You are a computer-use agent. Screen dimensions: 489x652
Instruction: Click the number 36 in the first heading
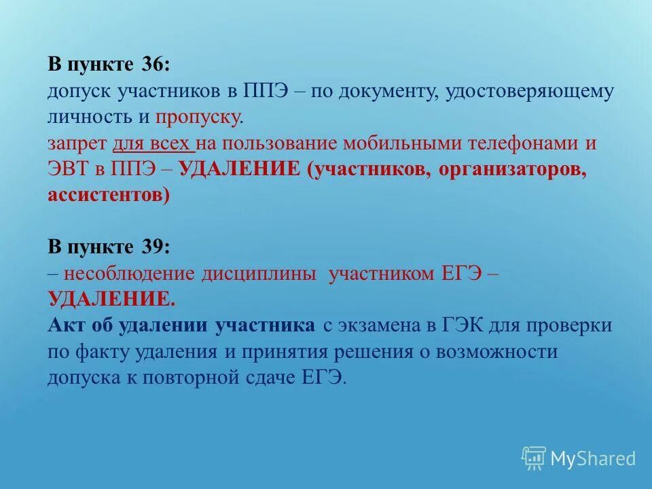[x=153, y=65]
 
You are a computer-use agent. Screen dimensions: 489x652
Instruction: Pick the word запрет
[x=76, y=143]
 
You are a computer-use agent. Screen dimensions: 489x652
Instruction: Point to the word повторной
[x=240, y=377]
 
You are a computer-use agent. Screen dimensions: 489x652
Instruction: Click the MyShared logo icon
[x=533, y=457]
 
